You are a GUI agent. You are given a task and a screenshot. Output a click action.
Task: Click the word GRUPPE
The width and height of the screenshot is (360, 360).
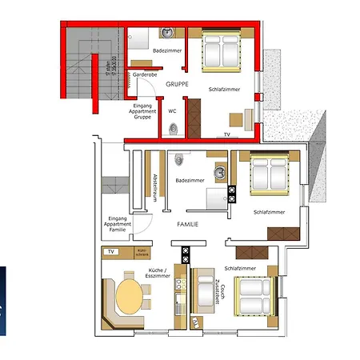click(x=178, y=83)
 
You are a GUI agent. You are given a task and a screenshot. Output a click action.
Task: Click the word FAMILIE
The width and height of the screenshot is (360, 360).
click(x=187, y=225)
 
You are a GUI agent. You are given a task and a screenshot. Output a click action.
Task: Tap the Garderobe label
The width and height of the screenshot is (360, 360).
click(x=146, y=74)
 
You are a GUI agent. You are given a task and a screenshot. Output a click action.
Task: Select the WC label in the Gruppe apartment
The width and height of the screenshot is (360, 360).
click(x=172, y=111)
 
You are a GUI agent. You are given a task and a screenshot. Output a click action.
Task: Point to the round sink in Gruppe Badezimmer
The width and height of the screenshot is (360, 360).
click(x=168, y=34)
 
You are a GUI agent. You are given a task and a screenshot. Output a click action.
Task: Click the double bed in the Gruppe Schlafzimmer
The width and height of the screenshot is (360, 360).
click(x=219, y=50)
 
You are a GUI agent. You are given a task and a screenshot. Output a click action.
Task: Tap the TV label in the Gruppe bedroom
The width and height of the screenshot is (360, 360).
click(x=227, y=134)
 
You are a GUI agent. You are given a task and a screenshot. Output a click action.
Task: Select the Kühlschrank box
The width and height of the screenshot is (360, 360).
click(x=142, y=253)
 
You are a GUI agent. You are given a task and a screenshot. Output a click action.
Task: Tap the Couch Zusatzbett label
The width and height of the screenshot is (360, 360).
click(x=218, y=285)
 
